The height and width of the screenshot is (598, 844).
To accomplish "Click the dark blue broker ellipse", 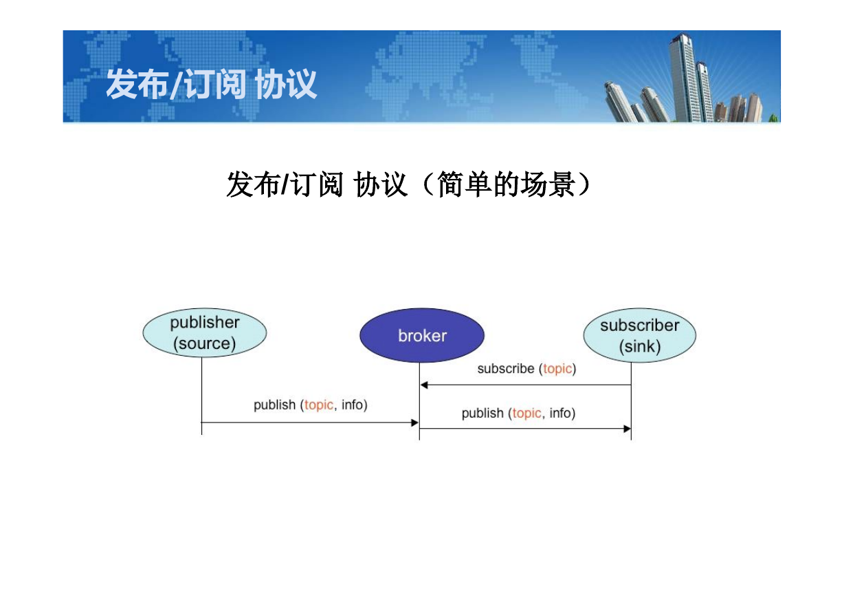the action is pyautogui.click(x=422, y=335).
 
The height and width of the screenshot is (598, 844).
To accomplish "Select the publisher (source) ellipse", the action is pyautogui.click(x=205, y=333).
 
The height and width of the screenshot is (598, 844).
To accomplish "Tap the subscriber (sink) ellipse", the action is pyautogui.click(x=640, y=335).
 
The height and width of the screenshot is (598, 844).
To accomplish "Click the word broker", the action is pyautogui.click(x=423, y=336).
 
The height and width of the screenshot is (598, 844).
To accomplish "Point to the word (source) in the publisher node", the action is pyautogui.click(x=205, y=343).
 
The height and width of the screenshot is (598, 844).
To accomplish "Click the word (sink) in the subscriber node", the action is pyautogui.click(x=640, y=346).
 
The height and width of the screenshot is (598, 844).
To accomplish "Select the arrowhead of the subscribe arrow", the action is pyautogui.click(x=424, y=385).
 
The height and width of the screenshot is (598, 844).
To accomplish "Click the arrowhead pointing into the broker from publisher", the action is pyautogui.click(x=414, y=423).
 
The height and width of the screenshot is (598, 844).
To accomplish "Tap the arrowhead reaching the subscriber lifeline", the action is pyautogui.click(x=627, y=429).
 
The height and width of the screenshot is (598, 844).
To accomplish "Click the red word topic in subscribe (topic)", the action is pyautogui.click(x=557, y=369).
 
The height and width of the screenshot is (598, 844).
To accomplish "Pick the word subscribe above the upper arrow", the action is pyautogui.click(x=506, y=368).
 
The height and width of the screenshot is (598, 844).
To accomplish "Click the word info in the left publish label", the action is pyautogui.click(x=352, y=405).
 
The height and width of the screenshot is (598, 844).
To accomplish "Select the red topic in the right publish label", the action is pyautogui.click(x=526, y=414).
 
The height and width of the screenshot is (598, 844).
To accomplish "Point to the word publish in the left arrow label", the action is pyautogui.click(x=275, y=405).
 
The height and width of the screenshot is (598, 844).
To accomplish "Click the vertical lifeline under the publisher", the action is pyautogui.click(x=201, y=396).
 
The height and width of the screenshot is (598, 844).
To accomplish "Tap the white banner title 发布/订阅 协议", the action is pyautogui.click(x=212, y=84).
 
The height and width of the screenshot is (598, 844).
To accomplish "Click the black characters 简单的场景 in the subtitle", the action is pyautogui.click(x=506, y=184).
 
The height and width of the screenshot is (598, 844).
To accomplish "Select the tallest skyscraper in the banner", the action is pyautogui.click(x=682, y=77).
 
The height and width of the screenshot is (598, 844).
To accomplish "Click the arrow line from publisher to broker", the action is pyautogui.click(x=310, y=423).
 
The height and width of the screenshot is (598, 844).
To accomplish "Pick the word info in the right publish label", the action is pyautogui.click(x=560, y=413).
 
